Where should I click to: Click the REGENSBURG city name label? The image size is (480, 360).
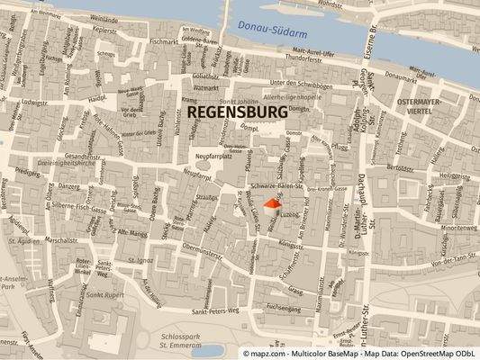click(239, 111)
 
